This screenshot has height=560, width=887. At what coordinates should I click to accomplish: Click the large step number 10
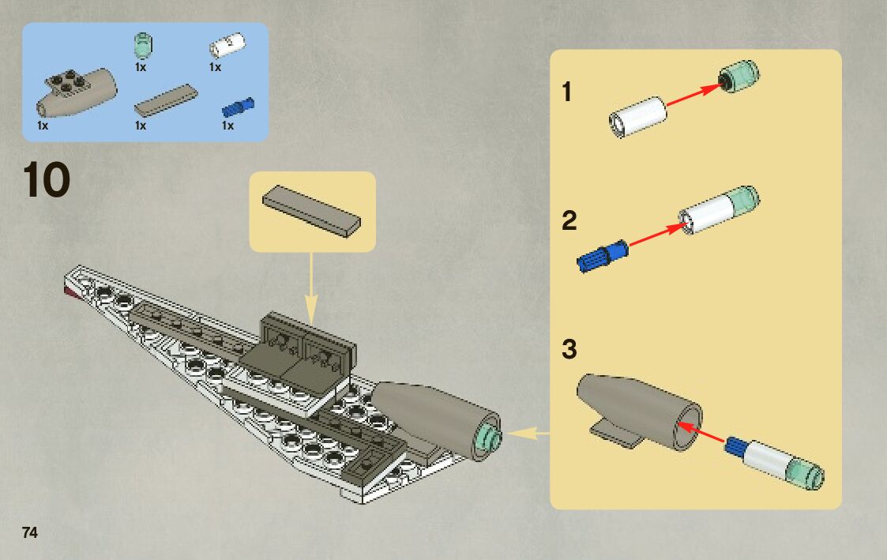pyautogui.click(x=47, y=180)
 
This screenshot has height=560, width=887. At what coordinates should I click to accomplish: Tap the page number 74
pyautogui.click(x=30, y=532)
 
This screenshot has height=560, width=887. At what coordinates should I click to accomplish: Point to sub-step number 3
pyautogui.click(x=569, y=349)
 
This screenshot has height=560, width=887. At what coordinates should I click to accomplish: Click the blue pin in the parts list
pyautogui.click(x=239, y=106)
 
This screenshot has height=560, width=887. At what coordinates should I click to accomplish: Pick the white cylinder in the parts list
pyautogui.click(x=227, y=47)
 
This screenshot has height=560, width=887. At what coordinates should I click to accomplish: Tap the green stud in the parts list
pyautogui.click(x=142, y=46)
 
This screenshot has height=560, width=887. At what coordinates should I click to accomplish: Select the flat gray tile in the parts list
pyautogui.click(x=166, y=99)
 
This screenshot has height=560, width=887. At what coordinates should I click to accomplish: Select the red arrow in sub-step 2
pyautogui.click(x=656, y=235)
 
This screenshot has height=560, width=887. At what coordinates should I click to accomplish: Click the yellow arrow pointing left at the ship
pyautogui.click(x=528, y=433)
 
